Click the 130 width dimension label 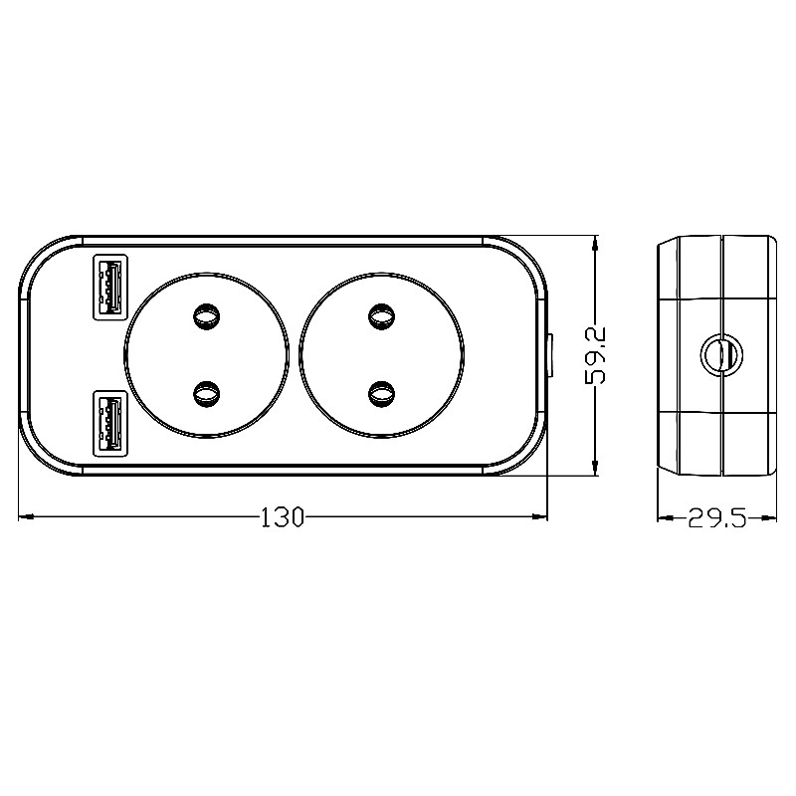click(282, 517)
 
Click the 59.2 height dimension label click(595, 355)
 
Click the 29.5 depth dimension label click(716, 518)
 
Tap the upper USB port click(109, 286)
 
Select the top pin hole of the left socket click(207, 317)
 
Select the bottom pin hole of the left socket click(207, 394)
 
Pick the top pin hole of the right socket click(380, 317)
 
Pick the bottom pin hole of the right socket click(380, 394)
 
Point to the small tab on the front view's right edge click(551, 355)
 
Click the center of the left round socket click(207, 355)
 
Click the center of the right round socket click(380, 355)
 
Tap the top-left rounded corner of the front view click(40, 255)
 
